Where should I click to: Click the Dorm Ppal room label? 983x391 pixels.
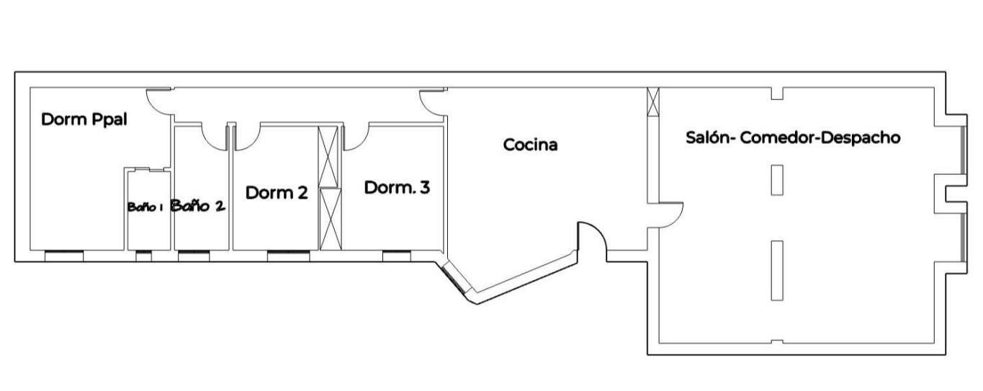84,120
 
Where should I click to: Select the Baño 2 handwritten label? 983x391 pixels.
198,205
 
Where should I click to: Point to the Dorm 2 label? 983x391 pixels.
277,193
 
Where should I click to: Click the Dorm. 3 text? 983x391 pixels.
397,187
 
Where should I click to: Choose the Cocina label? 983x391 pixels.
530,145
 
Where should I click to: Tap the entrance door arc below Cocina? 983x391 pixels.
599,233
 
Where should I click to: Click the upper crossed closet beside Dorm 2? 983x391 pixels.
328,157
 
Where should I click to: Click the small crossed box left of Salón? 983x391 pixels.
653,102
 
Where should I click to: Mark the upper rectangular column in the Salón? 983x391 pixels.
777,180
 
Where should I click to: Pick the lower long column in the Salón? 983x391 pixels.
777,270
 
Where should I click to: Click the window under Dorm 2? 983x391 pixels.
288,256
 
